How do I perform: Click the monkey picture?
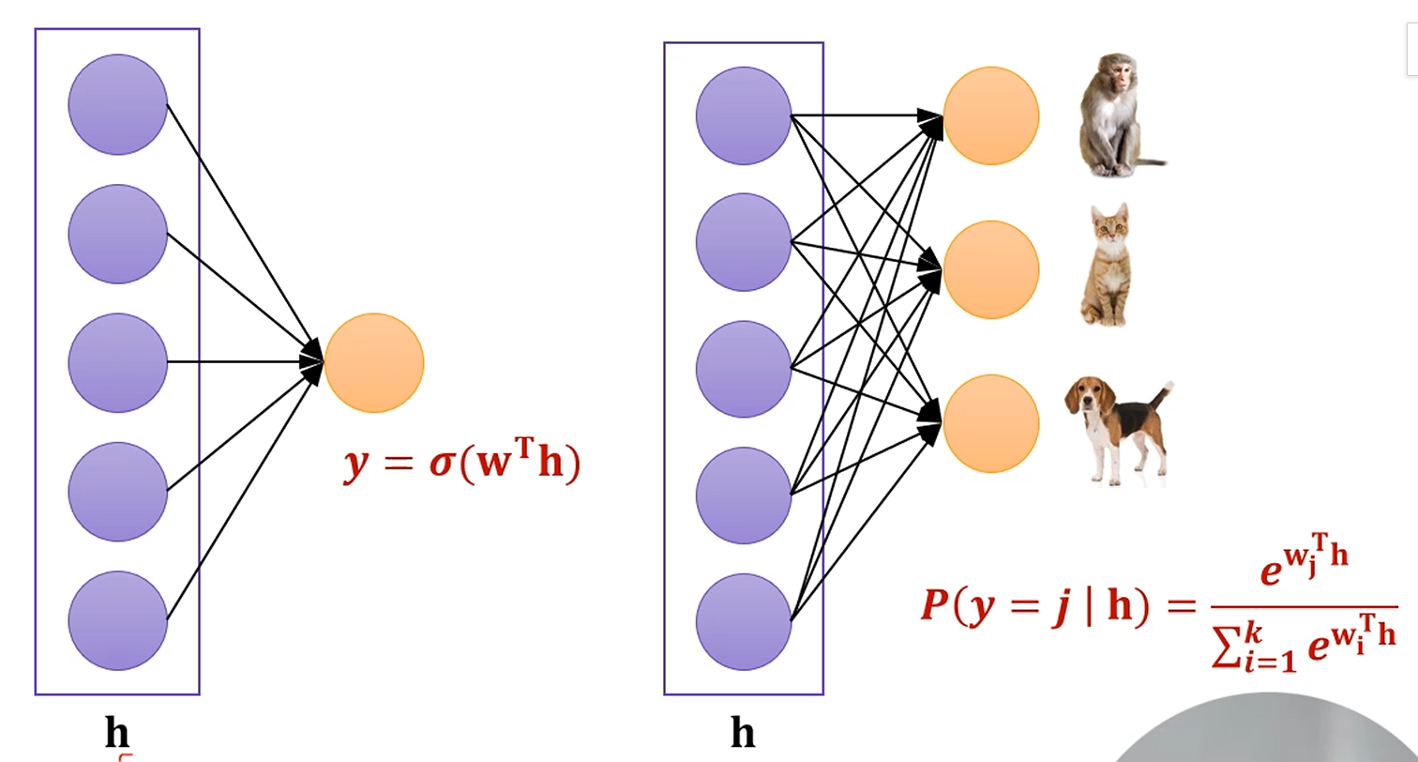(1116, 117)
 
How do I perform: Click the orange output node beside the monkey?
(990, 115)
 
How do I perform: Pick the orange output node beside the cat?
(990, 269)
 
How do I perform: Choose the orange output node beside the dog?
(990, 423)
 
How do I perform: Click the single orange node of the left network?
(374, 362)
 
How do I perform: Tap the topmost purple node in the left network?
(117, 104)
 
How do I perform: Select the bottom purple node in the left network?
(117, 620)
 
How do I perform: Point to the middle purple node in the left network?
(117, 362)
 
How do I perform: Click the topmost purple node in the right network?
(743, 115)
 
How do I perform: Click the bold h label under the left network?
(116, 732)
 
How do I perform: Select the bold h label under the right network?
(743, 732)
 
